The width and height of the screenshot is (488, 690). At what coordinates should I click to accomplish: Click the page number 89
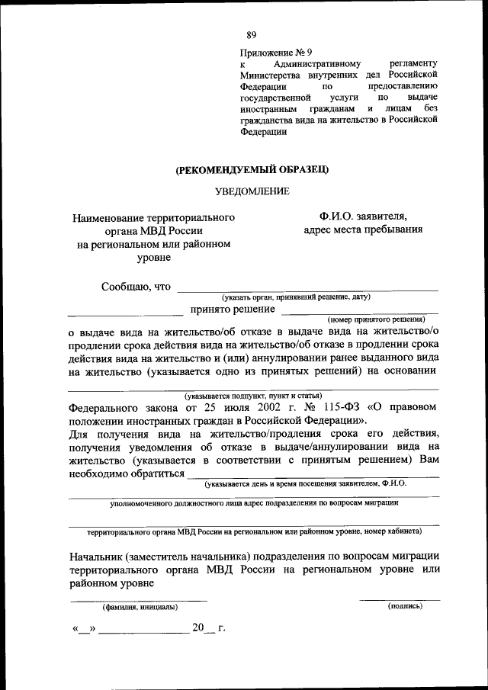tap(252, 34)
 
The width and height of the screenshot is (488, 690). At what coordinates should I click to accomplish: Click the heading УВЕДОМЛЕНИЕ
tap(252, 191)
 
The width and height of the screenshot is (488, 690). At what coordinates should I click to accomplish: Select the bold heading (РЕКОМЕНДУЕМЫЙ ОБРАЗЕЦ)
tap(252, 168)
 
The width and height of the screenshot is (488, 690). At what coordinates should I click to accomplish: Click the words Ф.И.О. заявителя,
tap(363, 217)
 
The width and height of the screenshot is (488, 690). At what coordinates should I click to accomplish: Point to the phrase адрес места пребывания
tap(362, 229)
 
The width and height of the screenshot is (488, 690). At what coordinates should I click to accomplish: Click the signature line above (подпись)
tap(400, 599)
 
